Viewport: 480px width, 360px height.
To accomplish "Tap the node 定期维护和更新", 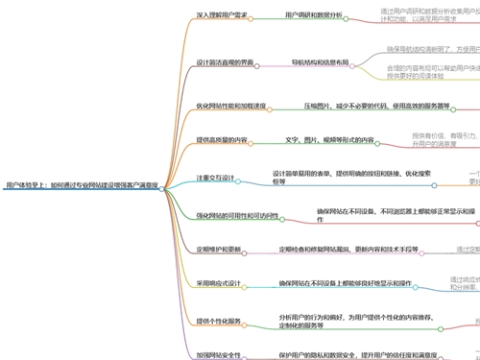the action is [220, 250].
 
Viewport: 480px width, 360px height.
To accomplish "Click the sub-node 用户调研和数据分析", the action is [313, 15].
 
